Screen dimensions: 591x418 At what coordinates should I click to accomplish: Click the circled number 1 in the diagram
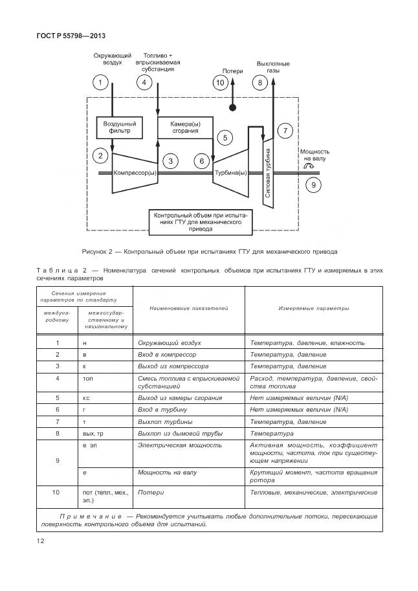[100, 82]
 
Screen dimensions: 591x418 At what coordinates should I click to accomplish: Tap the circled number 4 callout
[144, 82]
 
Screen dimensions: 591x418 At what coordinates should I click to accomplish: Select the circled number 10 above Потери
[220, 82]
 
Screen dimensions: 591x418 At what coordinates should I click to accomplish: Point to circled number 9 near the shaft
[313, 185]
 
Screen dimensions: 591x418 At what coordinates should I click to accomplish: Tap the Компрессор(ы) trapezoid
[135, 173]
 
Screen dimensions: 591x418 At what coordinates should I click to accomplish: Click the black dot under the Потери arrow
[232, 107]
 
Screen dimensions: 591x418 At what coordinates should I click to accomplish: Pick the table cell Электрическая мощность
[180, 445]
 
